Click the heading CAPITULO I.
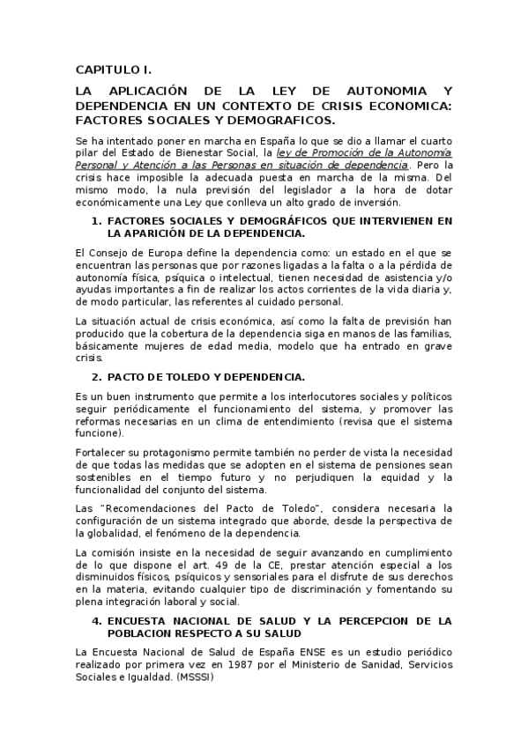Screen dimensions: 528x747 point(114,70)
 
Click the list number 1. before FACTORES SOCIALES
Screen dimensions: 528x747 point(97,220)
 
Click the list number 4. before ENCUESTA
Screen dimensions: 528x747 point(97,621)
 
